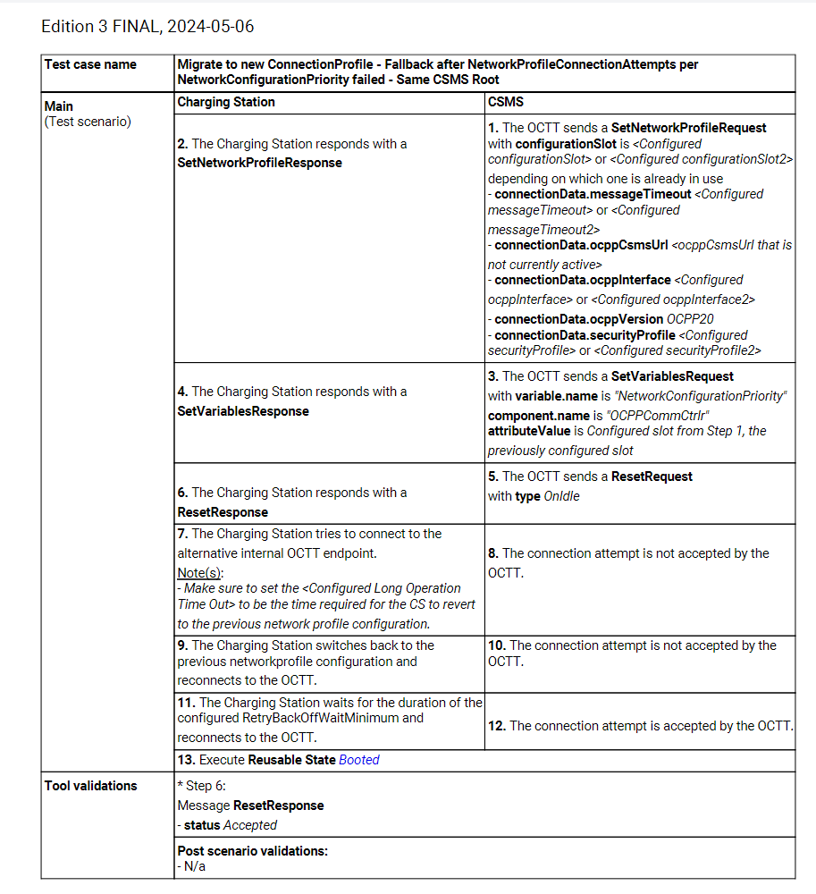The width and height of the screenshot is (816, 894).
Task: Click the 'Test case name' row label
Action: coord(90,64)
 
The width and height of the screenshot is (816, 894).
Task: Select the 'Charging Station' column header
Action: coord(226,102)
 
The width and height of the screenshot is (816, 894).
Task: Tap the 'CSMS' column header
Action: coord(506,102)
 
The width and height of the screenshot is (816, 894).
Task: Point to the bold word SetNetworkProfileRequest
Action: coord(688,128)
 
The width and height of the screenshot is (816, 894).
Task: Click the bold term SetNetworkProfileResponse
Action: coord(259,163)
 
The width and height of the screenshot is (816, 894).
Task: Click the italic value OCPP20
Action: coord(690,319)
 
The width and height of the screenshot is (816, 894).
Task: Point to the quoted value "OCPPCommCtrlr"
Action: coord(651,416)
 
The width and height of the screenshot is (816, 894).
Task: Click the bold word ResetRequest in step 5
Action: coord(652,477)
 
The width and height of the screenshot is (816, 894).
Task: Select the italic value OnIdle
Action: coord(561,496)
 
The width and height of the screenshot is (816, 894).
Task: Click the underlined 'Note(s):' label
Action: coord(200,572)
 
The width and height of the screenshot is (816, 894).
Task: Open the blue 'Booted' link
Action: coord(359,760)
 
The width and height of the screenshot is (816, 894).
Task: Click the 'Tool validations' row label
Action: coord(91,786)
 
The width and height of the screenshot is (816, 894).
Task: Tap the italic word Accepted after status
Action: coord(250,825)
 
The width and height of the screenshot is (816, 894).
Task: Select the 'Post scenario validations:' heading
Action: coord(253,851)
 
